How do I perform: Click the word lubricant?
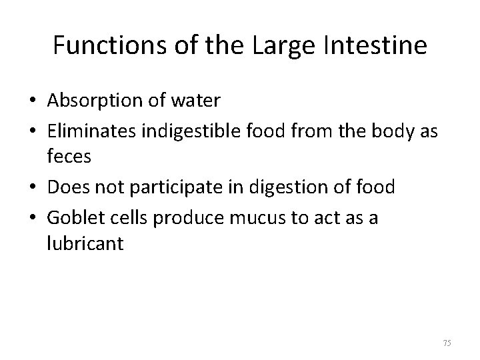click(86, 243)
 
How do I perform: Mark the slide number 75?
click(447, 343)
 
